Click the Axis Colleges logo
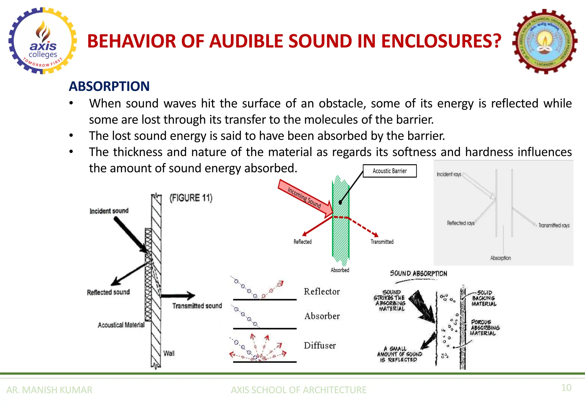[x=43, y=41]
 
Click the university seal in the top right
[x=545, y=42]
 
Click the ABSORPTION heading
[x=109, y=86]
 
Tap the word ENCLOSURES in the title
[x=441, y=41]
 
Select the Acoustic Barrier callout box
[x=390, y=171]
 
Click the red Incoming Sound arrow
[x=305, y=198]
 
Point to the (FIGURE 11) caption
[x=191, y=198]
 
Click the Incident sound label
[x=109, y=211]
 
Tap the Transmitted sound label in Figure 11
[x=197, y=306]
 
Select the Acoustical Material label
[x=121, y=325]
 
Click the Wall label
[x=169, y=353]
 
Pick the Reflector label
[x=322, y=291]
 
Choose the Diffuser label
[x=320, y=346]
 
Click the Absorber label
[x=322, y=316]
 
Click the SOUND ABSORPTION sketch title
[x=418, y=273]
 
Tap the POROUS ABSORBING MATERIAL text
[x=485, y=328]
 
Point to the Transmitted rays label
[x=554, y=225]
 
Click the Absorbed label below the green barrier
[x=340, y=270]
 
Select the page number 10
[x=566, y=388]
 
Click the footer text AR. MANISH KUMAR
[x=49, y=390]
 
